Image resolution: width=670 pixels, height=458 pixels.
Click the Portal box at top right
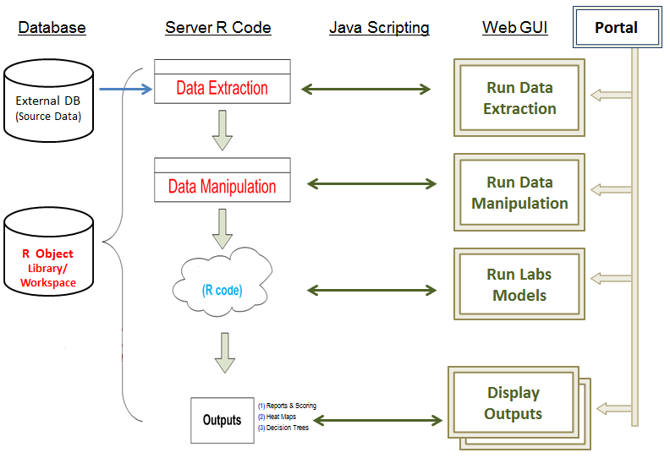coord(616,27)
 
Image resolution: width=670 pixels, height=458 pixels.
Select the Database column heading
coord(52,27)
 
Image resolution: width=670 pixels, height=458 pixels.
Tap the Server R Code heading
coord(218,27)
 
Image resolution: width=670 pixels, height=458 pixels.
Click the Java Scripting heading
coord(379,27)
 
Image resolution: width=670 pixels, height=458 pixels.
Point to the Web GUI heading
coord(514,27)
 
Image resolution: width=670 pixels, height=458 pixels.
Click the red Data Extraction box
coord(222,88)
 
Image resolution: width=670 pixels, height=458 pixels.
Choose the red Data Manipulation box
coord(222,186)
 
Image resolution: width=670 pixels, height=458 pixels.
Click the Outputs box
coord(222,420)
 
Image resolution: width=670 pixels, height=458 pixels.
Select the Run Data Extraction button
coord(519,98)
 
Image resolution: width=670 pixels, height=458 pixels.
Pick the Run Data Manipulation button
coord(519,193)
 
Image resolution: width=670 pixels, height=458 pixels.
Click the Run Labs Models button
coord(519,285)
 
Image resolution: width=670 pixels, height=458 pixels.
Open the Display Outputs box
coord(513,404)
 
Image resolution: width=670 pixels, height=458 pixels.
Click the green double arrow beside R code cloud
coord(371,290)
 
